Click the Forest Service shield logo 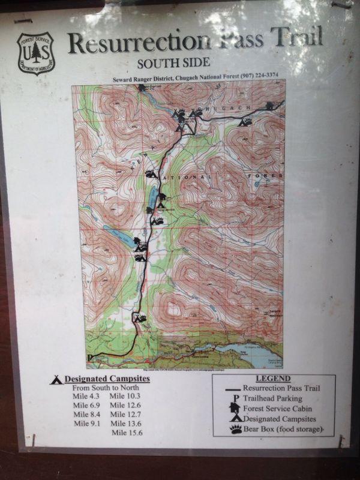point(35,53)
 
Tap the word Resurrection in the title point(139,43)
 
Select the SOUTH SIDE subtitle point(173,62)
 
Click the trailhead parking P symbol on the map point(89,358)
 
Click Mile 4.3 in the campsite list point(86,397)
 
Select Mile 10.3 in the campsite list point(125,397)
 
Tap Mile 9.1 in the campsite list point(86,423)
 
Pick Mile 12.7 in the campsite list point(125,414)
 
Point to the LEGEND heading point(272,379)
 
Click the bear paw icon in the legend point(235,429)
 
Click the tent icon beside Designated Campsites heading point(56,379)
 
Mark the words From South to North point(106,388)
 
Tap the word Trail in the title point(294,39)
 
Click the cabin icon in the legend point(234,408)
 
